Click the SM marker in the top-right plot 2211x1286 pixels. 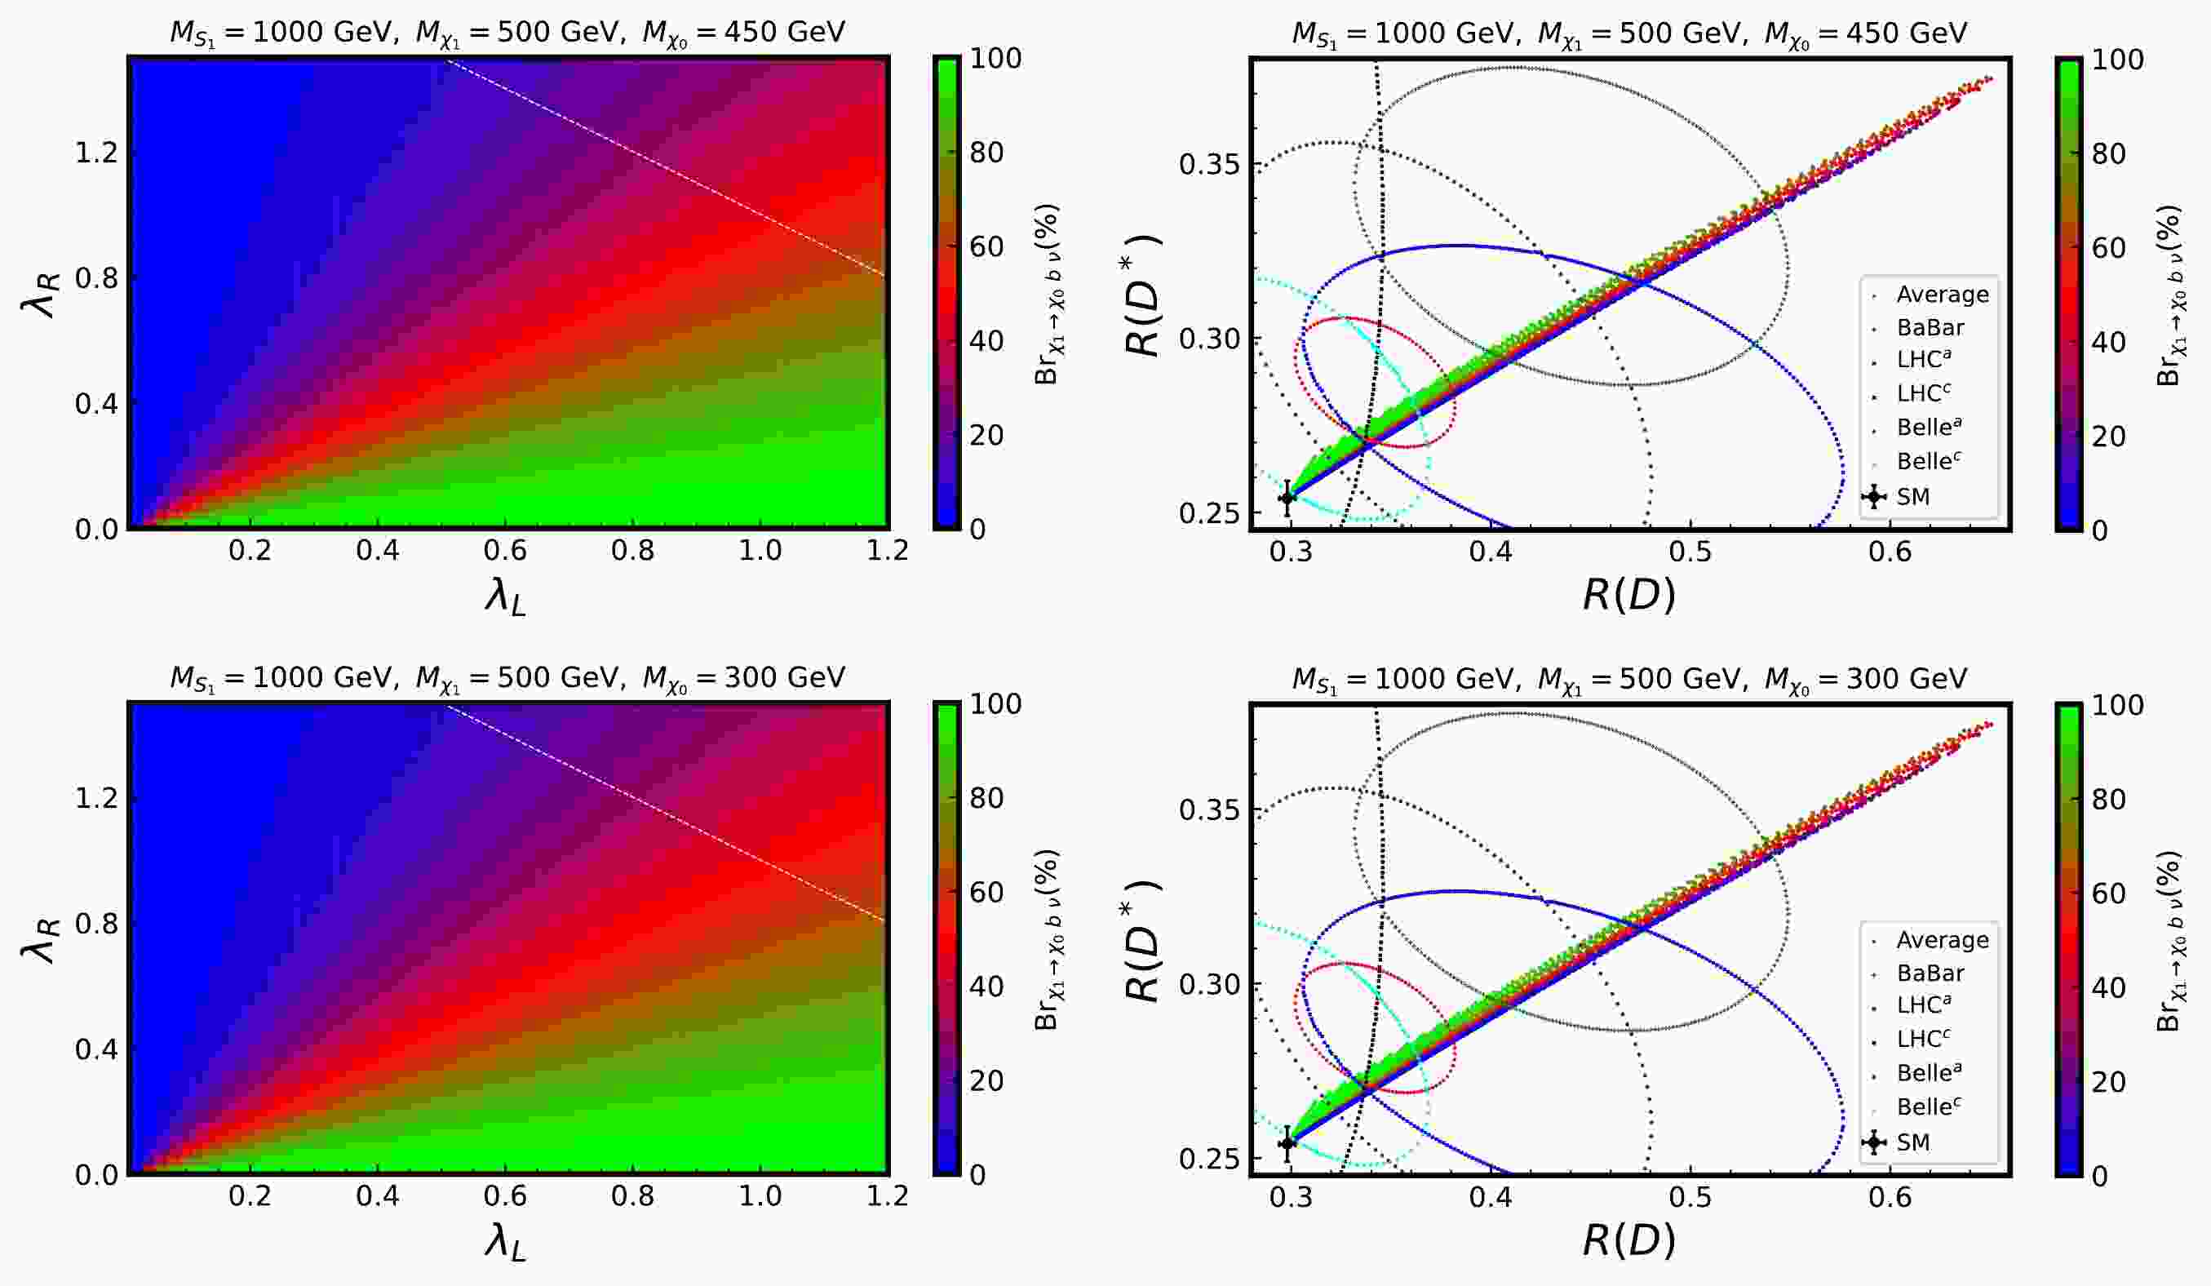click(x=1287, y=499)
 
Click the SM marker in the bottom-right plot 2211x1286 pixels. click(x=1287, y=1143)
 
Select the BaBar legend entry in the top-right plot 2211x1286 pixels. click(x=1930, y=327)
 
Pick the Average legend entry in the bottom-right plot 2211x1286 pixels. click(x=1942, y=939)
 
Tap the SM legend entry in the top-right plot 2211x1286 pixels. click(x=1912, y=496)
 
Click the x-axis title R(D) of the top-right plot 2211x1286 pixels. click(x=1628, y=596)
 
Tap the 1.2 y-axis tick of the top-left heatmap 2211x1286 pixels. click(x=95, y=153)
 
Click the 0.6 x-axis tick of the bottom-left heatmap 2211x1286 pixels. click(x=505, y=1195)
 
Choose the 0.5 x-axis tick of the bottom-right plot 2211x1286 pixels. click(x=1690, y=1197)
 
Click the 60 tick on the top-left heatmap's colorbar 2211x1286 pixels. click(x=986, y=246)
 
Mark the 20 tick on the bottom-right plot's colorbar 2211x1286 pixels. click(x=2109, y=1082)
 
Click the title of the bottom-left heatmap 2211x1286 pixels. click(x=507, y=678)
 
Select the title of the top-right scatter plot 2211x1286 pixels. click(x=1629, y=33)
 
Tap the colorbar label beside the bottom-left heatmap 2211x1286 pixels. click(x=1047, y=939)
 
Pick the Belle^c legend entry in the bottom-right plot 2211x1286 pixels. click(x=1929, y=1107)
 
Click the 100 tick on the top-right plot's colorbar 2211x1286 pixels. click(x=2118, y=60)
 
